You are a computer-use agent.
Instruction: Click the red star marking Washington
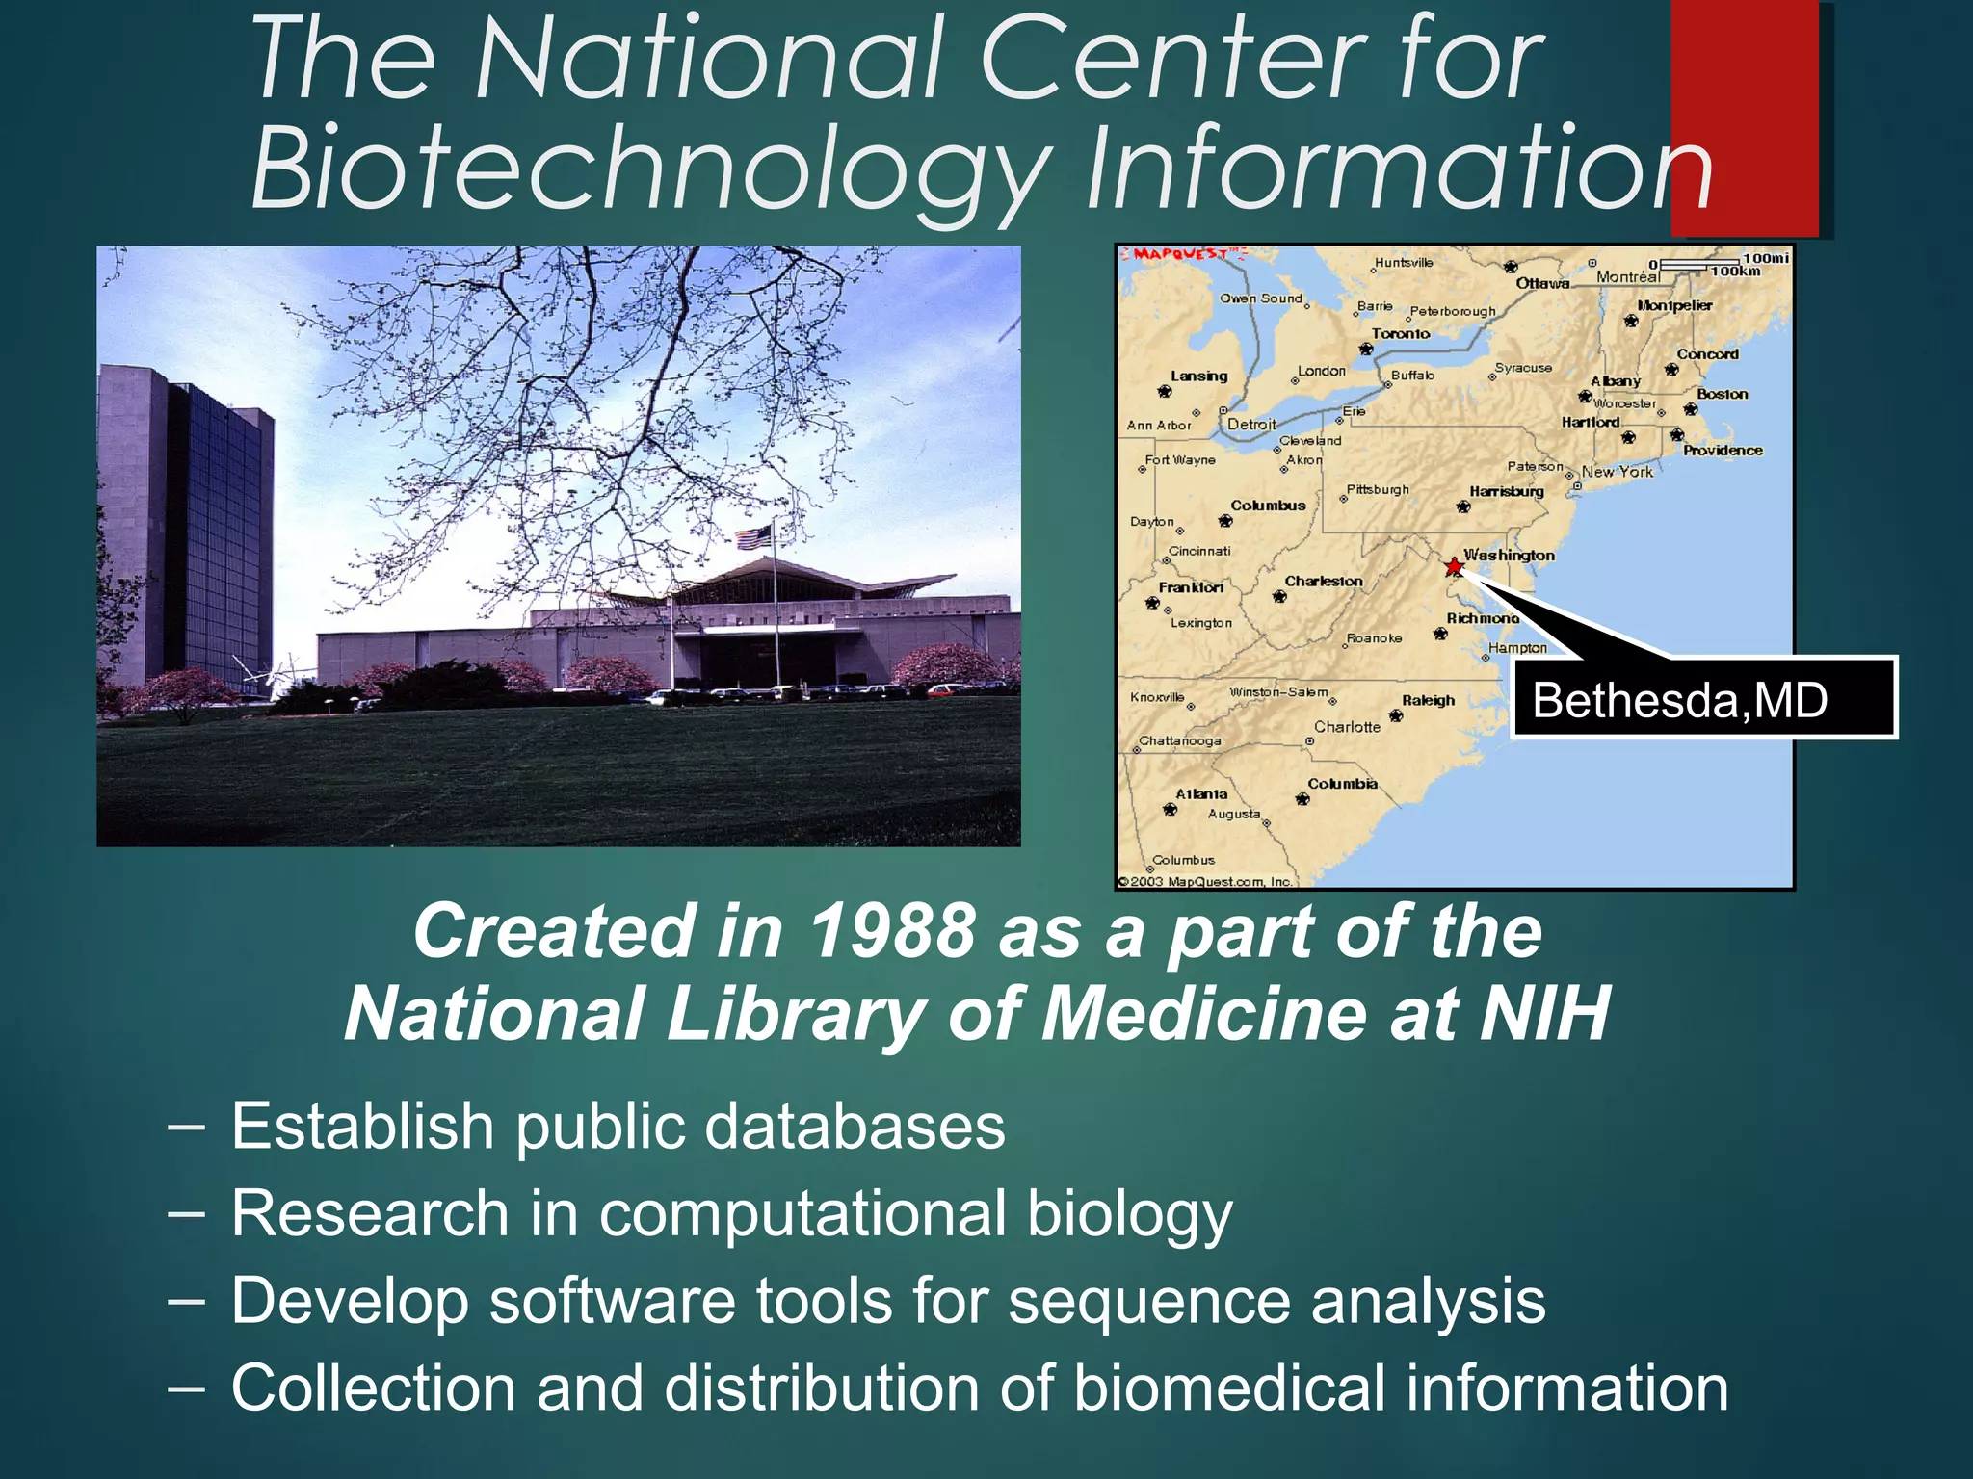[1454, 566]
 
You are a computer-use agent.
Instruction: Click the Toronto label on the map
[1400, 334]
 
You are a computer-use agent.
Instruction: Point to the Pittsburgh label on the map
[1378, 490]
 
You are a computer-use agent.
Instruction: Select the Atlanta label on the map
[1201, 794]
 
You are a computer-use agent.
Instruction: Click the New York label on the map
[1617, 472]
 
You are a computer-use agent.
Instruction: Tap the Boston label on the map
[1722, 394]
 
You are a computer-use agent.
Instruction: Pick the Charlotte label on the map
[1347, 727]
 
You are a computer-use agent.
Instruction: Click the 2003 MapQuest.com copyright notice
[1205, 881]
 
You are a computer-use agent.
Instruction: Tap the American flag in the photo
[754, 537]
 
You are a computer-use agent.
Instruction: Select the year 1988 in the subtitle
[892, 931]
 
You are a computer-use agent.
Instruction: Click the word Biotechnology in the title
[647, 168]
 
